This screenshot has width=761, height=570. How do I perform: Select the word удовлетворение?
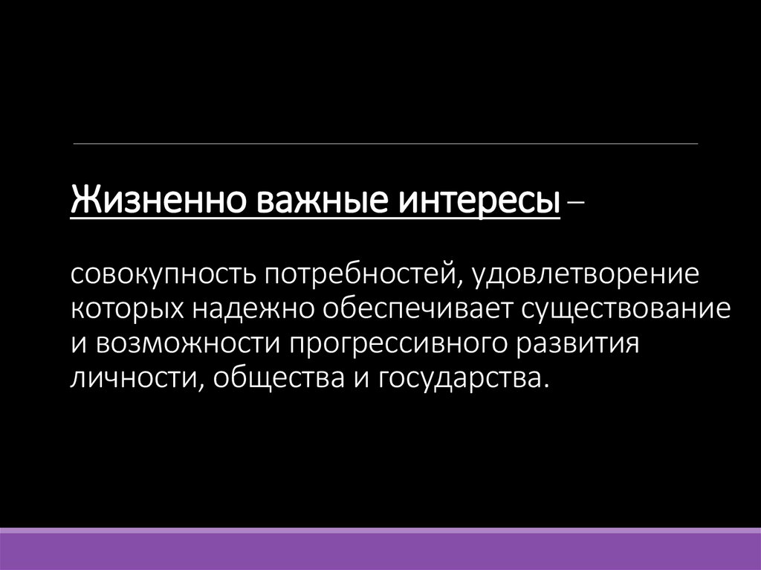coord(589,276)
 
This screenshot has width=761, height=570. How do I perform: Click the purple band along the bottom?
coord(380,549)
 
